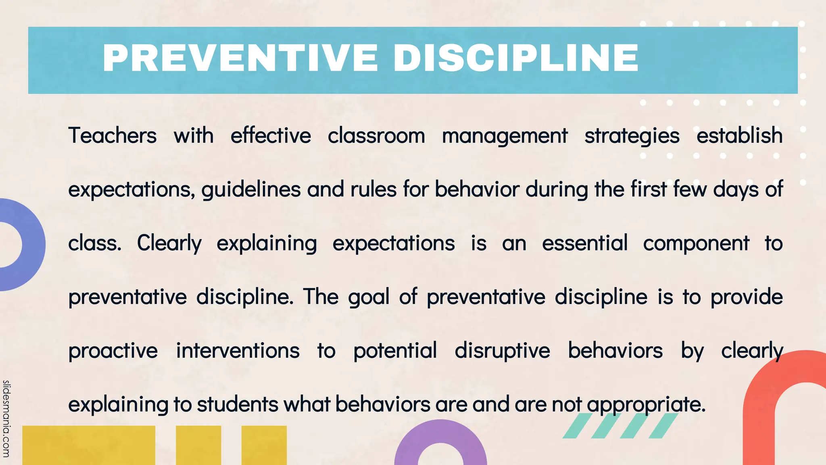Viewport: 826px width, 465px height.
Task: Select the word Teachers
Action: pos(112,135)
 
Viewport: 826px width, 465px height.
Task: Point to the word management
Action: pos(505,136)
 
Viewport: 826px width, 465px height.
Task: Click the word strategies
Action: pos(632,136)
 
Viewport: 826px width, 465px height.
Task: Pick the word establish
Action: pos(739,135)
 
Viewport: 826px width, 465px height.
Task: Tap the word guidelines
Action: pos(251,190)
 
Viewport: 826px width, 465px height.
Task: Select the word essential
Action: pos(584,243)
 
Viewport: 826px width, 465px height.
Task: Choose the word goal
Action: pos(369,297)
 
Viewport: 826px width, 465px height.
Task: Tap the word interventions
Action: pos(238,350)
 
